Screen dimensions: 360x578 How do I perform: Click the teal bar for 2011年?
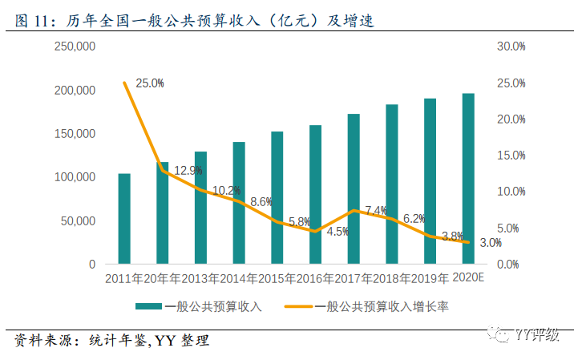(x=124, y=219)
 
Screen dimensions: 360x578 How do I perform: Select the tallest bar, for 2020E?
(x=468, y=179)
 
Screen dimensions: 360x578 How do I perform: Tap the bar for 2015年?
(x=277, y=198)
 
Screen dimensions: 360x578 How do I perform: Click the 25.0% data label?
(x=150, y=83)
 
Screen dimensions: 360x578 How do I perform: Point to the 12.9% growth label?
(x=188, y=171)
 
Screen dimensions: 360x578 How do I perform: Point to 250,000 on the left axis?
(x=75, y=47)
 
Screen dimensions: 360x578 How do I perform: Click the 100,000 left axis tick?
(x=75, y=177)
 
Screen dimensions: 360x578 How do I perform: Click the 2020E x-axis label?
(x=469, y=278)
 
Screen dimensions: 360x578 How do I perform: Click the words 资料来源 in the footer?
(x=41, y=341)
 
